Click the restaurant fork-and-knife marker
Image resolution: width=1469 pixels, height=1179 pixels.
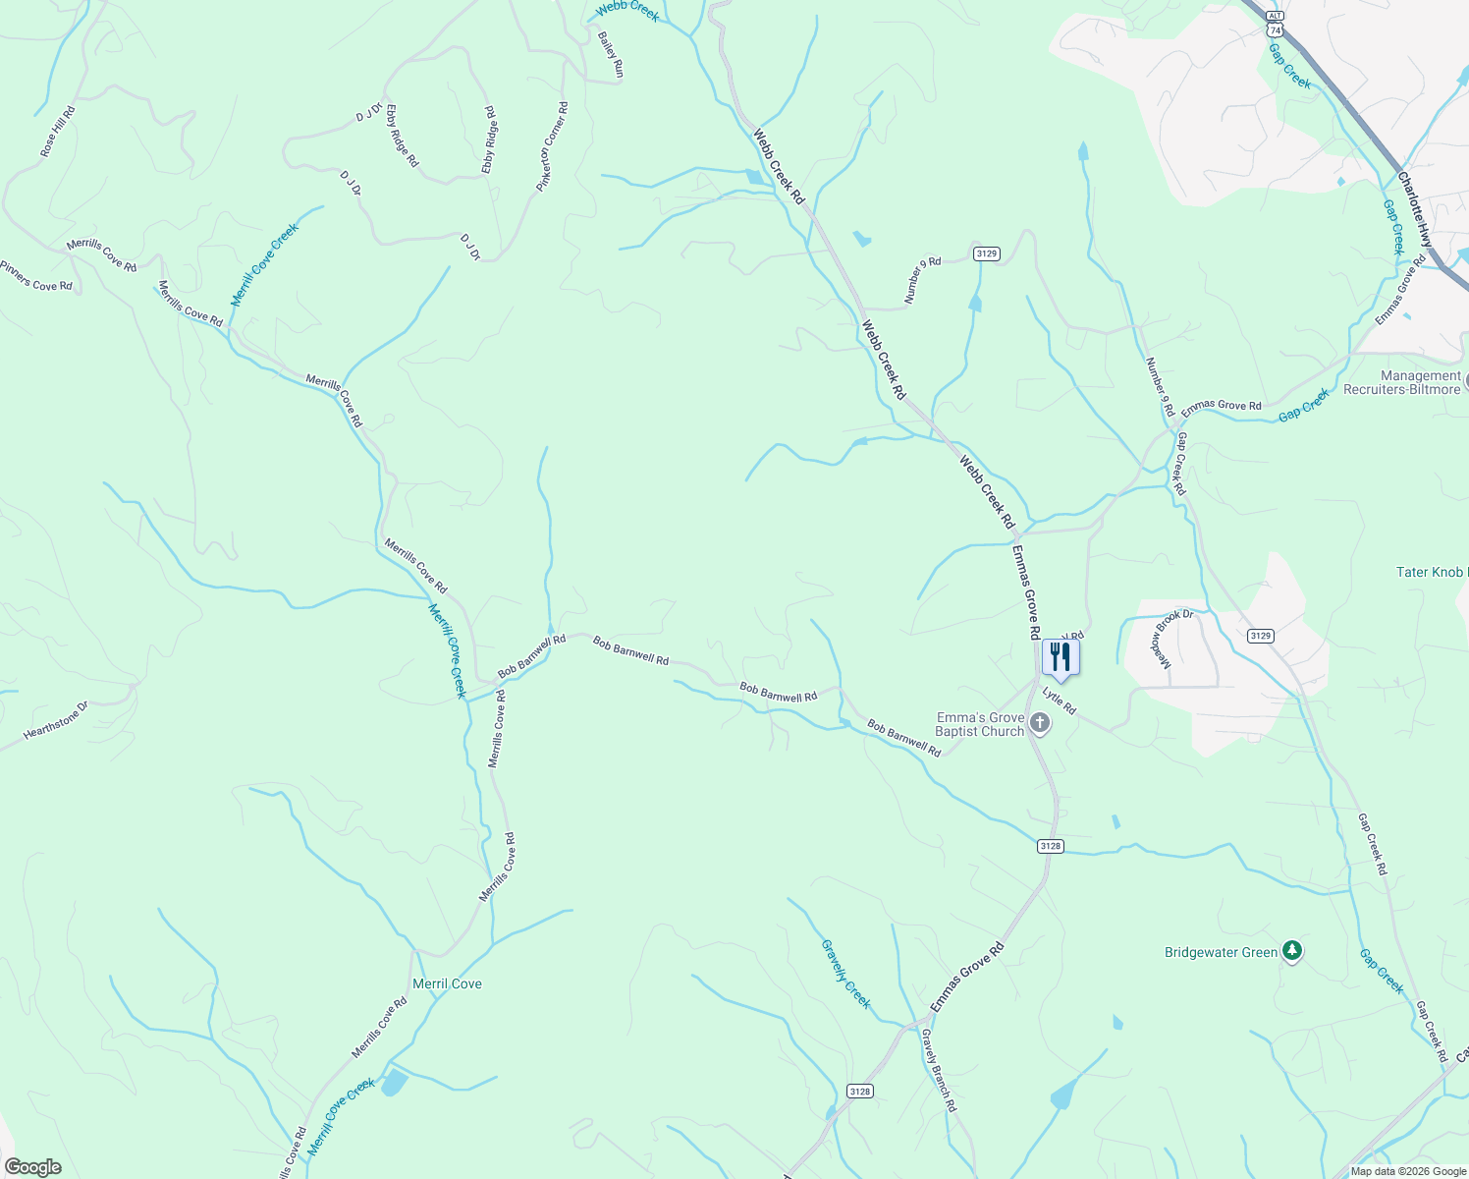click(1060, 657)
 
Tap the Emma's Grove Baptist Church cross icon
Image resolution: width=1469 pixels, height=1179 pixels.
click(1040, 725)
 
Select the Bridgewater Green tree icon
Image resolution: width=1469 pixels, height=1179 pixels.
click(1293, 951)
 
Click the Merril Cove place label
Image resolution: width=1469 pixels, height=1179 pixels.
click(447, 983)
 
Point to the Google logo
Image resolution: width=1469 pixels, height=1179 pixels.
click(32, 1167)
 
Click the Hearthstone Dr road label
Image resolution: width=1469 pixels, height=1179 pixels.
click(56, 720)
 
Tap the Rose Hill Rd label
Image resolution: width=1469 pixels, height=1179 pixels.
click(58, 132)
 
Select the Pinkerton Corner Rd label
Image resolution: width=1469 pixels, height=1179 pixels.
click(552, 147)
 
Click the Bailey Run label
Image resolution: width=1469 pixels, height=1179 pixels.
click(611, 55)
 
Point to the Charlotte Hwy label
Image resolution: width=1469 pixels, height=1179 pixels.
click(1415, 210)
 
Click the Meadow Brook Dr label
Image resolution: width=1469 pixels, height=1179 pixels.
click(1173, 639)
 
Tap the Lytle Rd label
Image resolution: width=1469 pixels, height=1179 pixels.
click(1060, 702)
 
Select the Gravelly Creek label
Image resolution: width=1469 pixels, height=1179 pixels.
click(845, 973)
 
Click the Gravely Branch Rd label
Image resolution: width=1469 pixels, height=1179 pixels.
click(939, 1070)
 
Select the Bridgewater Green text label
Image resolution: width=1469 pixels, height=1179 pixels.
click(1221, 952)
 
